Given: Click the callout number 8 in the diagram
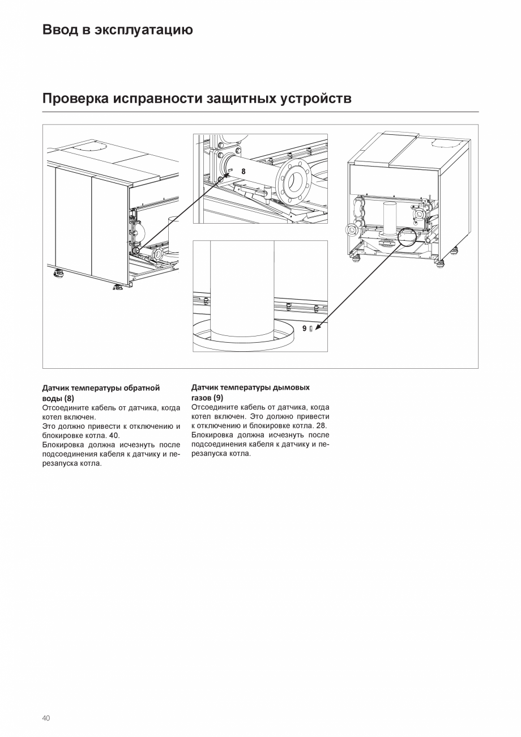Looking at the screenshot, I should pyautogui.click(x=244, y=171).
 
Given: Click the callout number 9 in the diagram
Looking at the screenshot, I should pyautogui.click(x=305, y=329).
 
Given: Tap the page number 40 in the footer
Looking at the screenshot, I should pyautogui.click(x=46, y=718).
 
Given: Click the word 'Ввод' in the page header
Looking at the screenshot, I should pyautogui.click(x=60, y=30).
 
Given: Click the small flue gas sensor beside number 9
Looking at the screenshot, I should pyautogui.click(x=311, y=329).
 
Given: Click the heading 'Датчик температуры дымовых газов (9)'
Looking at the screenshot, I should pyautogui.click(x=250, y=393).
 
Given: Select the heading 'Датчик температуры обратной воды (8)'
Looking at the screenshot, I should pyautogui.click(x=101, y=393).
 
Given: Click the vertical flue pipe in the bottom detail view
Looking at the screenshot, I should pyautogui.click(x=242, y=289).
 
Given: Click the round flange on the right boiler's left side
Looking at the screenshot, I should pyautogui.click(x=351, y=230).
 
